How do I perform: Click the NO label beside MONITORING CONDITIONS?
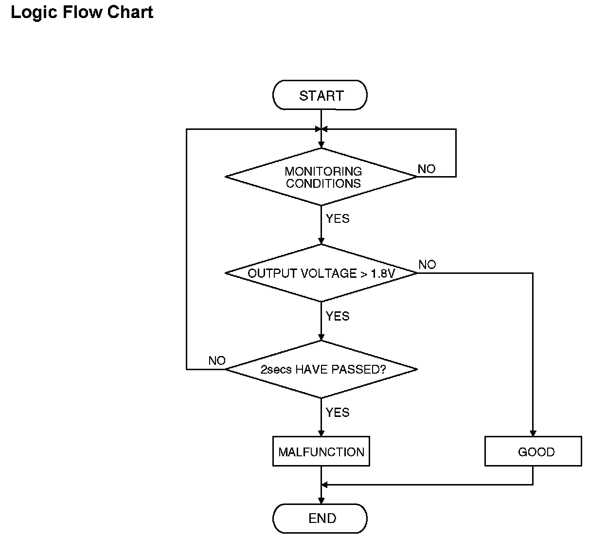427,169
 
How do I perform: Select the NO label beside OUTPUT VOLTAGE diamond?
427,265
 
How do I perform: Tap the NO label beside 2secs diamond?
217,361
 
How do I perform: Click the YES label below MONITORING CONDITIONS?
338,219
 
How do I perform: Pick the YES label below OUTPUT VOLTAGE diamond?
338,316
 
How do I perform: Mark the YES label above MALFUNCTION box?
338,413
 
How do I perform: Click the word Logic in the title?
34,13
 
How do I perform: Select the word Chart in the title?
130,12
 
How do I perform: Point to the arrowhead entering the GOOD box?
533,433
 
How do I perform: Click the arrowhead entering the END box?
321,501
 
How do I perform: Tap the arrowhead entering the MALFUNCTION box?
321,433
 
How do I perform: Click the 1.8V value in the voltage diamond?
383,273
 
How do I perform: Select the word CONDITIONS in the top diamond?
323,183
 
